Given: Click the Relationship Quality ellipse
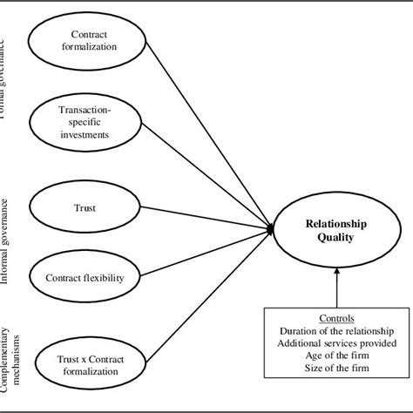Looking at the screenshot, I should click(336, 231).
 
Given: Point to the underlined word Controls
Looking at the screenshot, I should click(335, 317).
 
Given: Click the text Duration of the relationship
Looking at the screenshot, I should click(335, 331).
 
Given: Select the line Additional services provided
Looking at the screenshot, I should click(335, 343).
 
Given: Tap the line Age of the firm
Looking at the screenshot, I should click(335, 355).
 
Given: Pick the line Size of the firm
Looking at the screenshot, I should click(335, 369).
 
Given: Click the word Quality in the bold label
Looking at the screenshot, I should click(336, 238).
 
